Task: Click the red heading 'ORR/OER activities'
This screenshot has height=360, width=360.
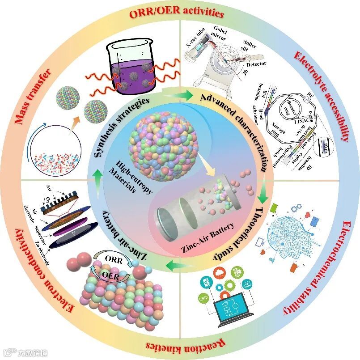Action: click(179, 13)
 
